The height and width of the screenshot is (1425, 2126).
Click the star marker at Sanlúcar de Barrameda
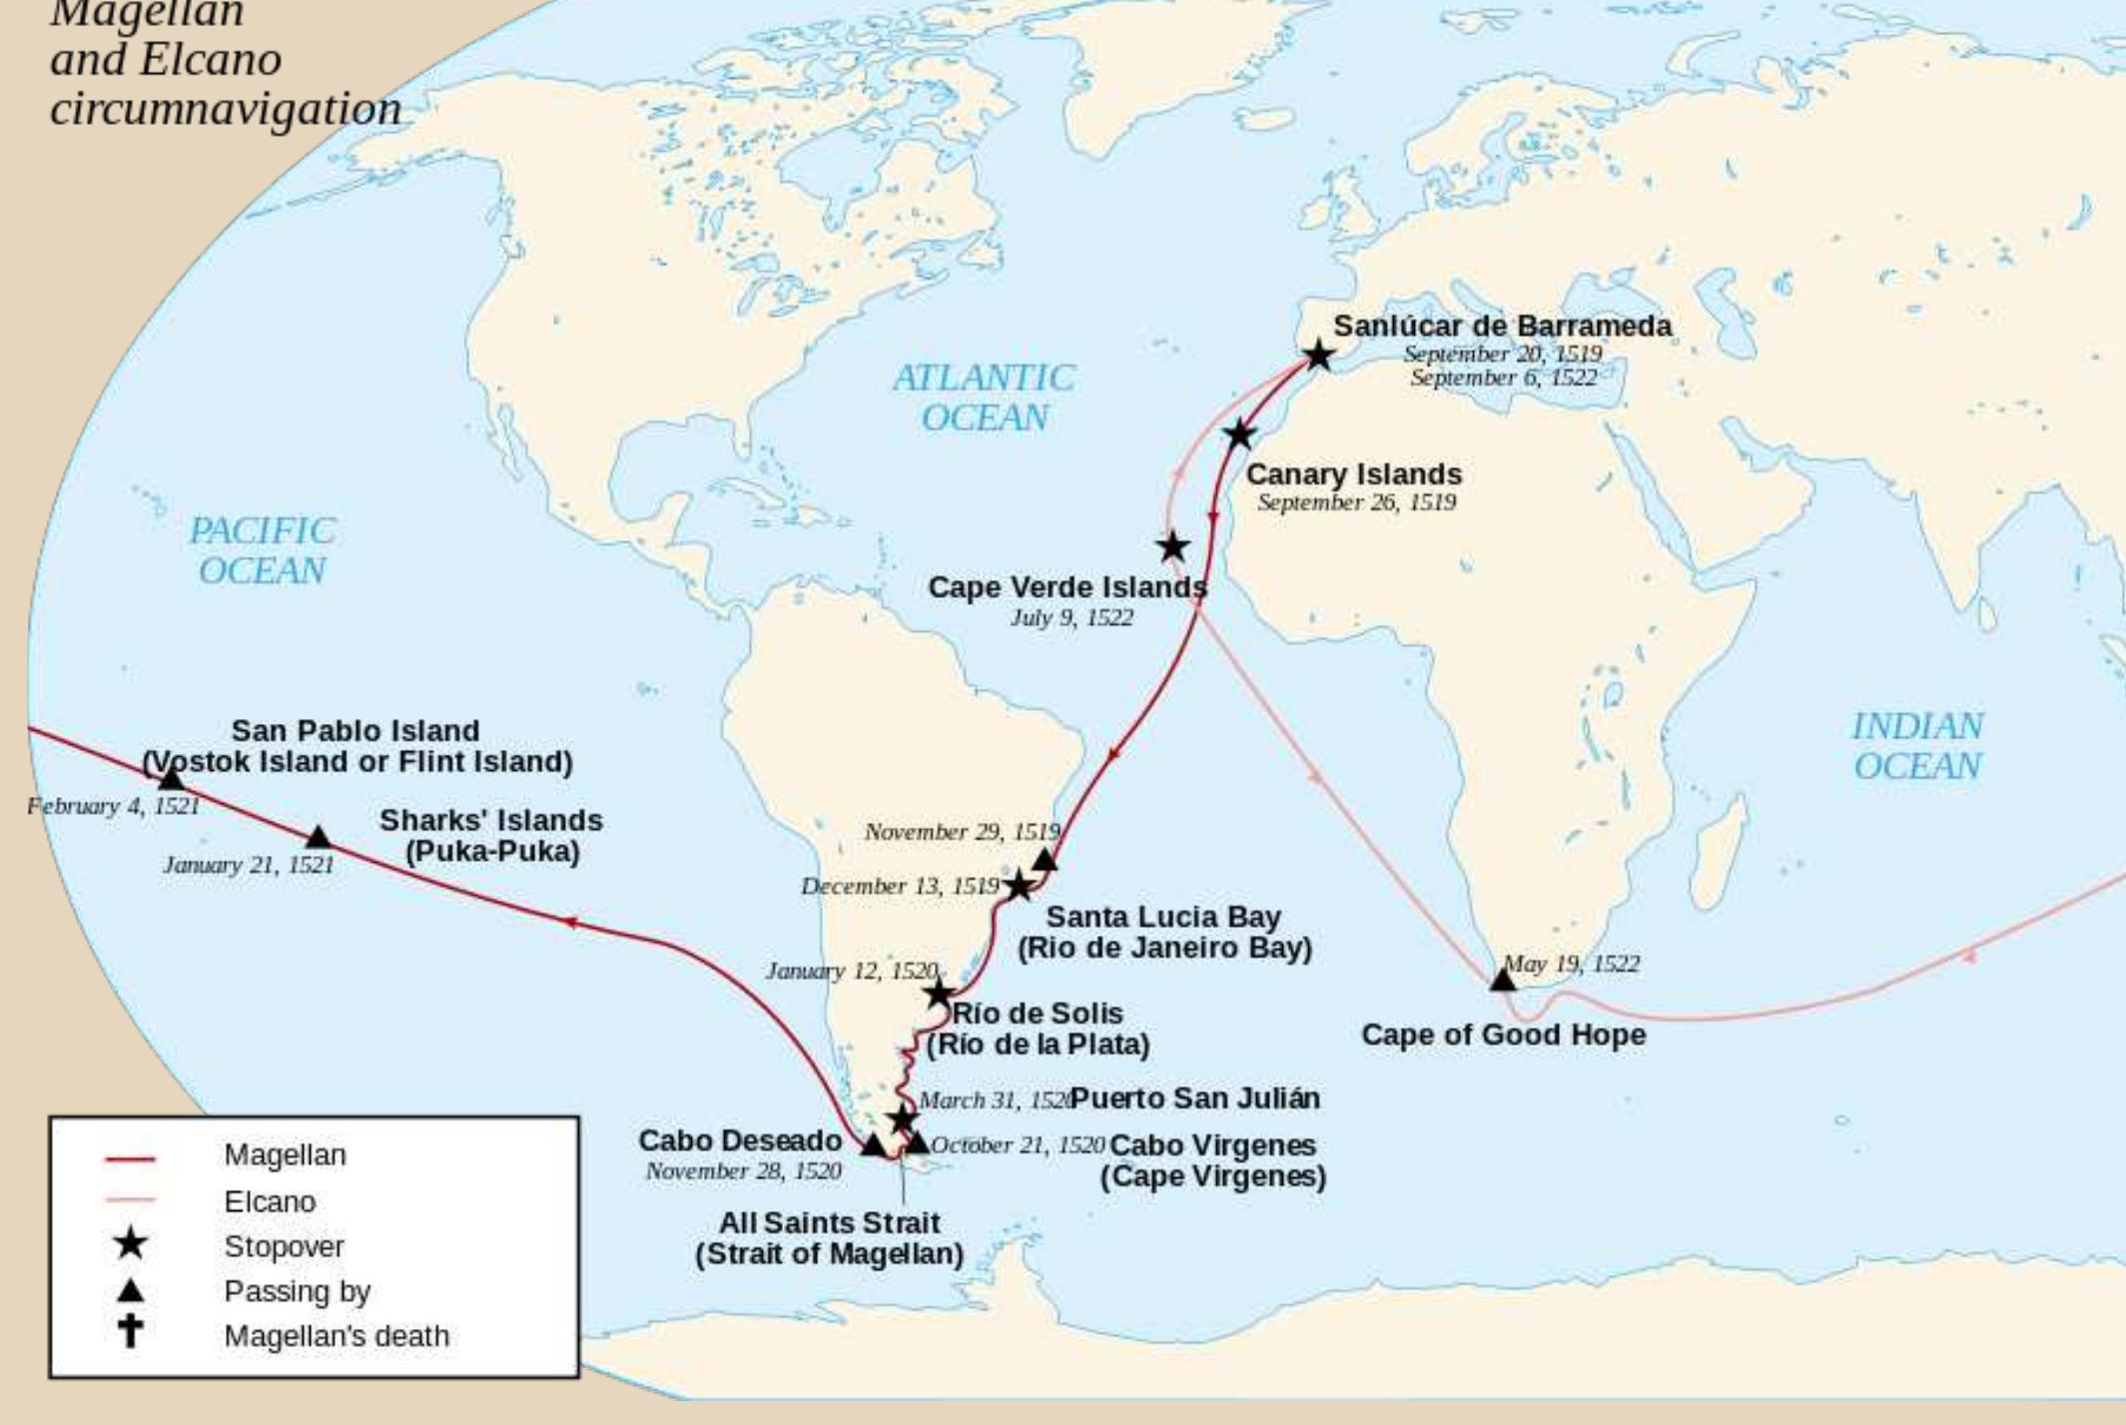(x=1318, y=355)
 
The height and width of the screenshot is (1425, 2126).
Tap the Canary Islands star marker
(x=1239, y=434)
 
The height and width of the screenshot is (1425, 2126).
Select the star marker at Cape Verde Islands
(x=1172, y=546)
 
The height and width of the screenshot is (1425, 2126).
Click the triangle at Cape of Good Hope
(x=1502, y=980)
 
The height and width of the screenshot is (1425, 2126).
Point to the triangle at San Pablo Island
(x=171, y=778)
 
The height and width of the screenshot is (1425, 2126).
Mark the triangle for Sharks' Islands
(x=318, y=836)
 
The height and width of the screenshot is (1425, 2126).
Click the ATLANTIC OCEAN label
(x=984, y=397)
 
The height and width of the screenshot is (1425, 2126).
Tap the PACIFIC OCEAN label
(x=262, y=550)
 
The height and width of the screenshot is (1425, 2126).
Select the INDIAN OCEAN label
(x=1917, y=746)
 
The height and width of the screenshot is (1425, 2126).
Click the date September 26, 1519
(x=1356, y=502)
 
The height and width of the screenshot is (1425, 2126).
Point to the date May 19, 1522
(x=1571, y=964)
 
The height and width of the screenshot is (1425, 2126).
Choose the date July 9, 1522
(x=1071, y=618)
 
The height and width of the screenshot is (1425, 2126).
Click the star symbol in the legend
(x=131, y=1244)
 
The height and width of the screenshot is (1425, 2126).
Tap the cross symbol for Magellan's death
(x=131, y=1332)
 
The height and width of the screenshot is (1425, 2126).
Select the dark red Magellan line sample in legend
(x=130, y=1159)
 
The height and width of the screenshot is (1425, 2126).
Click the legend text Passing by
(x=297, y=1291)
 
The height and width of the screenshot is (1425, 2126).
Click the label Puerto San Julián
(x=1195, y=1098)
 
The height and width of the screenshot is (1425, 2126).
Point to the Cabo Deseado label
(x=739, y=1140)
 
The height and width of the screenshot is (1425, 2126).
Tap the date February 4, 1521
(x=113, y=806)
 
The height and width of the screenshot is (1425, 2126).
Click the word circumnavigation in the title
(x=226, y=109)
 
